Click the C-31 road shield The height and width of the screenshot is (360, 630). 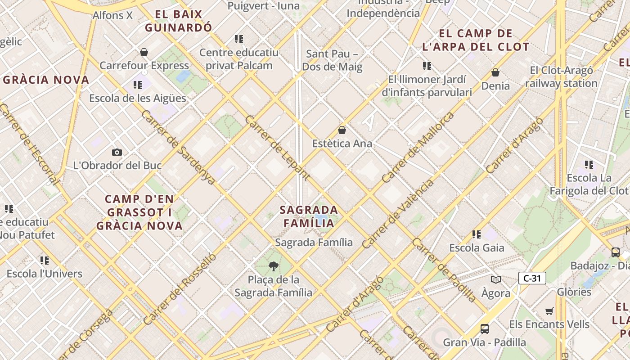(532, 278)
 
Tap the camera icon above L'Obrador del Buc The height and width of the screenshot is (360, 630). (117, 152)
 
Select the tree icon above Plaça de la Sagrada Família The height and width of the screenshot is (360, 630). (273, 266)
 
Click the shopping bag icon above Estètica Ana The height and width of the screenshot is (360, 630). (342, 130)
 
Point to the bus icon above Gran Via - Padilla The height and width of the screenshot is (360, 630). (485, 329)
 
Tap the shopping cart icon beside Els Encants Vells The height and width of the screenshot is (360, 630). (549, 311)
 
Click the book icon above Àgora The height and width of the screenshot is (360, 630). (496, 280)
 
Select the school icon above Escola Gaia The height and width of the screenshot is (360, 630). (477, 234)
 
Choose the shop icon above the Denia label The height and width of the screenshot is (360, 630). (495, 72)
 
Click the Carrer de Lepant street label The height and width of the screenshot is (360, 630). (277, 147)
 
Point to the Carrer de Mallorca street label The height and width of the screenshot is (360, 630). (418, 148)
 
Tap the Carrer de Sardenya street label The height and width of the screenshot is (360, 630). (178, 147)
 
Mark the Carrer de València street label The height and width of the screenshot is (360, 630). (398, 214)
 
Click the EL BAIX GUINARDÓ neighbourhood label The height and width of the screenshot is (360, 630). (178, 21)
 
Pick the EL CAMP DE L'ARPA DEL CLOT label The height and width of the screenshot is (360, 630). (476, 40)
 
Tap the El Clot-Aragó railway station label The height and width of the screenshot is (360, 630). (561, 76)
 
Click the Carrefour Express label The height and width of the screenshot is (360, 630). (144, 65)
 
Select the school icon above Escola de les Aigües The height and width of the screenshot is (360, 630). (138, 85)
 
